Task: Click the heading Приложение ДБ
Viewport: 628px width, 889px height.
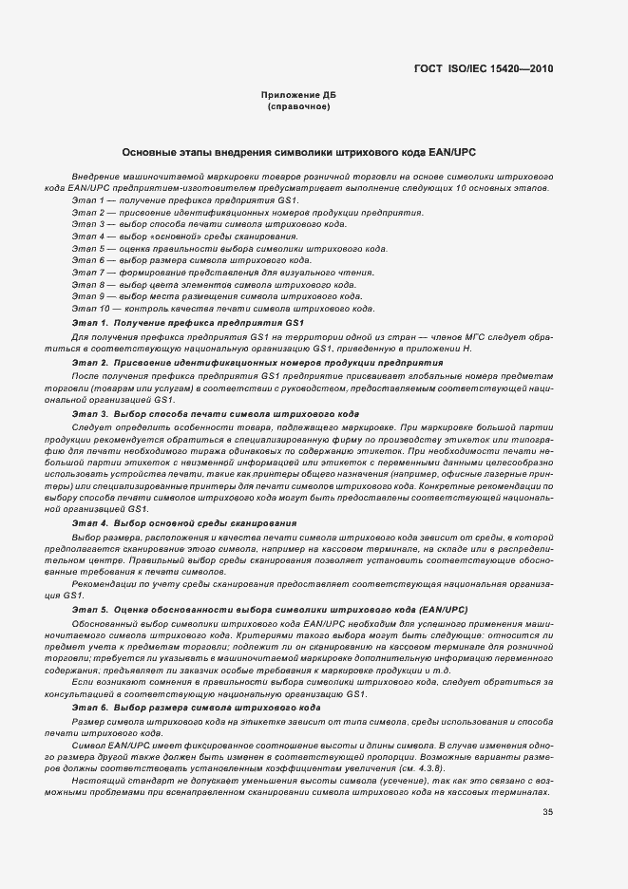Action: pos(298,96)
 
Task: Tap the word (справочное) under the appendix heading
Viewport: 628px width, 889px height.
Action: pos(298,106)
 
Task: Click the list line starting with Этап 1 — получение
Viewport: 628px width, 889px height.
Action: pos(186,200)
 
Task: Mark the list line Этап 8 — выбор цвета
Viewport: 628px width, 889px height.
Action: pos(215,285)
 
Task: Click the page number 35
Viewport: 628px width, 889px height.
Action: pos(548,812)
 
